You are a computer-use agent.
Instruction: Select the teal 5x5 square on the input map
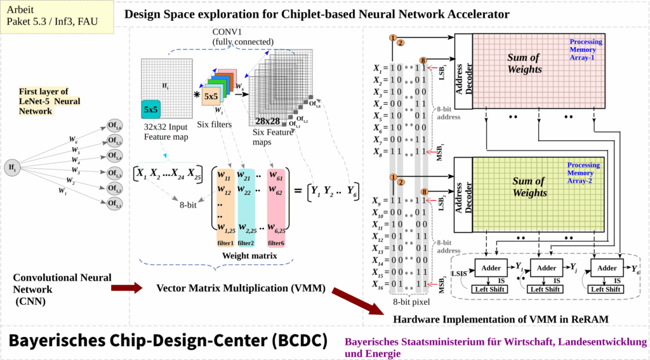click(x=151, y=109)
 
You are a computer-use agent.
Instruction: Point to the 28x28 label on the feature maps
click(x=268, y=120)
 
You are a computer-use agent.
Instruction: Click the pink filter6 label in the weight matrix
click(x=275, y=243)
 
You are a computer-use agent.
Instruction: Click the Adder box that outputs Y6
click(x=607, y=268)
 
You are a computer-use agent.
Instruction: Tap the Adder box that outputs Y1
click(x=491, y=268)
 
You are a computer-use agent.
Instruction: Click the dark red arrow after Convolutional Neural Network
click(x=126, y=289)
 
